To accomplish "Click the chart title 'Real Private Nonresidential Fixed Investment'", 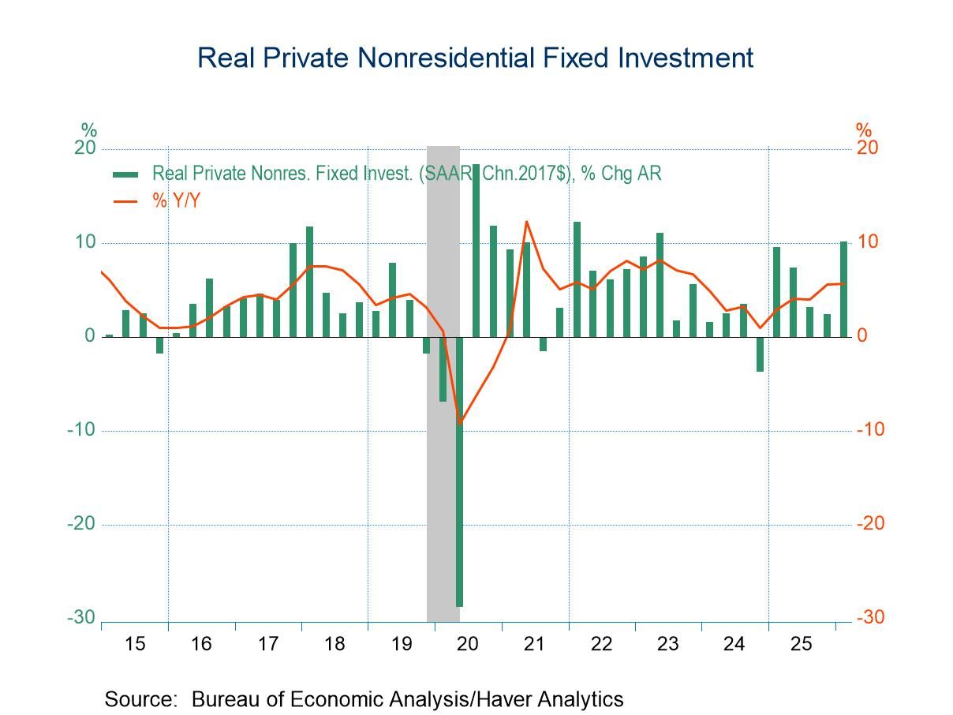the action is click(x=475, y=58).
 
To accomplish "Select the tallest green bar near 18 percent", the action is click(x=476, y=250).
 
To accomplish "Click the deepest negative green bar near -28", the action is click(x=459, y=471).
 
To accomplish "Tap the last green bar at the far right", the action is click(x=843, y=289).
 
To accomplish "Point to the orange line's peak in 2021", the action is click(x=526, y=222).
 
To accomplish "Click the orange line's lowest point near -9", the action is click(x=460, y=423).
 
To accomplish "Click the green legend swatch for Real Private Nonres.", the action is click(x=125, y=175).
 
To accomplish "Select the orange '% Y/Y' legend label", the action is click(x=176, y=200).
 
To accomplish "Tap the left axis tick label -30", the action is click(x=81, y=617).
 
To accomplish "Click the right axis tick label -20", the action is click(x=871, y=523).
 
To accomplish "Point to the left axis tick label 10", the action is click(x=84, y=241).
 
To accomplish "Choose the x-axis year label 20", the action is click(x=468, y=644).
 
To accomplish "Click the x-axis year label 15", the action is click(x=135, y=644).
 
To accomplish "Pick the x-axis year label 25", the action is click(x=801, y=644).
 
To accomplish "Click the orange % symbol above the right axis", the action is click(x=864, y=129).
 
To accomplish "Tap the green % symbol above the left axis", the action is click(x=89, y=129).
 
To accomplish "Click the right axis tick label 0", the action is click(x=861, y=335).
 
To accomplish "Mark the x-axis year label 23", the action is click(x=667, y=644).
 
